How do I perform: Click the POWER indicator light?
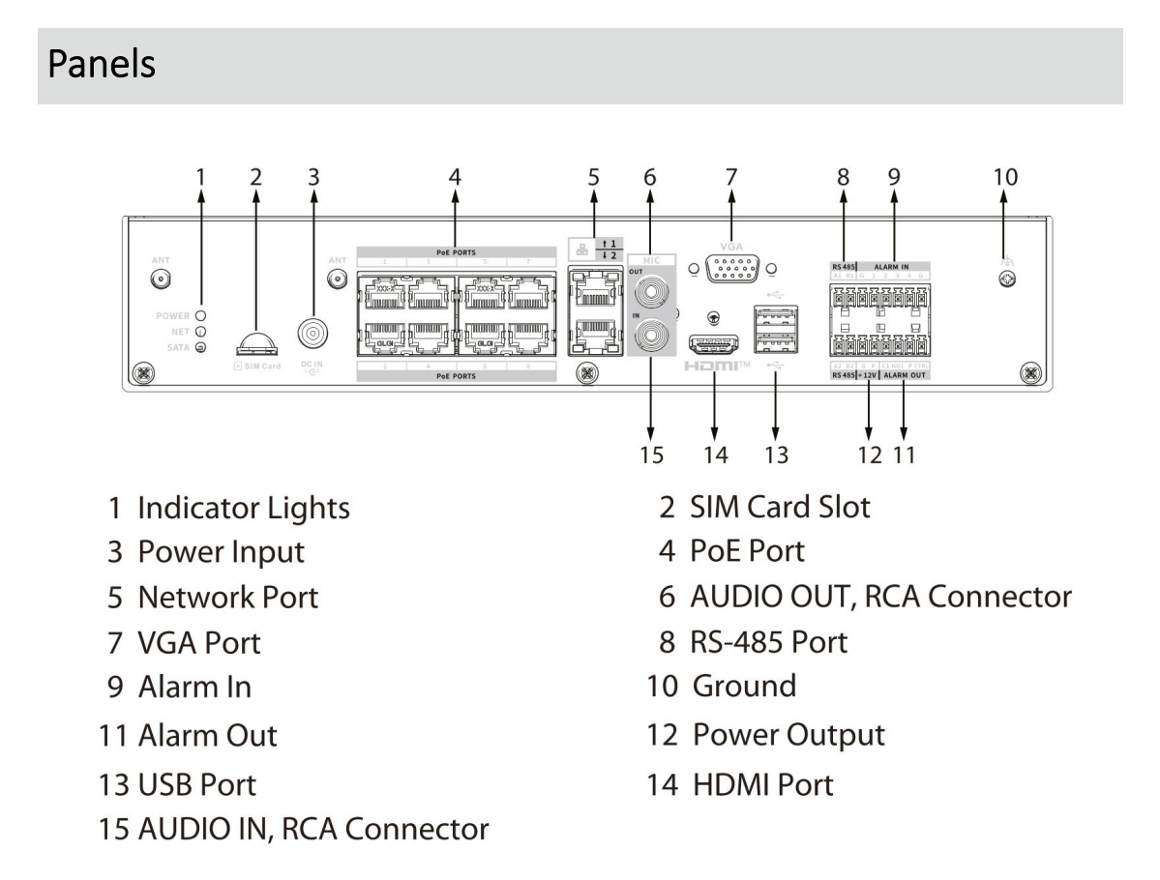[x=198, y=314]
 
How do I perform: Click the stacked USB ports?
[x=775, y=328]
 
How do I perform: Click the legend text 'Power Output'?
[x=788, y=735]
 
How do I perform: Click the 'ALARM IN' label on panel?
[x=894, y=266]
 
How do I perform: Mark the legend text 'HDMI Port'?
[x=762, y=783]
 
